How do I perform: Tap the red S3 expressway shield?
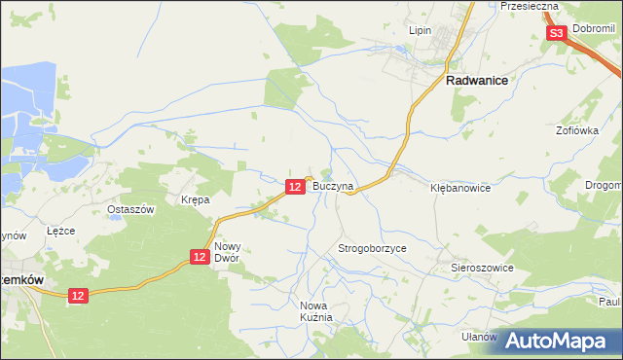pos(556,33)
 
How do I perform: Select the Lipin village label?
pos(420,30)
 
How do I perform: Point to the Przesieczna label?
pos(529,6)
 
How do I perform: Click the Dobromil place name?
pos(595,30)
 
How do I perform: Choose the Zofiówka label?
pos(576,129)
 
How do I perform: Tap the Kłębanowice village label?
pos(460,188)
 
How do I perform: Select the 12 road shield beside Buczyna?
pos(295,185)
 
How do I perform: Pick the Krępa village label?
pos(196,199)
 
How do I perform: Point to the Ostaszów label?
pos(131,210)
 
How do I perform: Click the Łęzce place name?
pos(60,232)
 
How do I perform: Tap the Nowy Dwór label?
pos(227,253)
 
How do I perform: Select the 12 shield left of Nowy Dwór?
pos(199,256)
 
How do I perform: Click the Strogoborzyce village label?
pos(372,248)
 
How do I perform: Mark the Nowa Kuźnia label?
pos(317,311)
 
